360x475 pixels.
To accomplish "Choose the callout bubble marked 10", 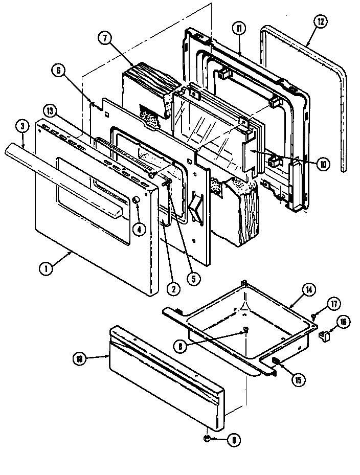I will (x=323, y=164).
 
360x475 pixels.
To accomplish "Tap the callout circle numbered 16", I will (x=342, y=322).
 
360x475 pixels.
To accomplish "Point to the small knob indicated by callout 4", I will (x=136, y=200).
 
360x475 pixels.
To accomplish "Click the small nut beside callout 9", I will (x=207, y=439).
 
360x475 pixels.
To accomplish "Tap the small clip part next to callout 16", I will (x=324, y=335).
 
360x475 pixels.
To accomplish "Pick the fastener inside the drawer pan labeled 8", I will (x=245, y=330).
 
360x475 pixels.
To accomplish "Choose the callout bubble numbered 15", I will (x=297, y=379).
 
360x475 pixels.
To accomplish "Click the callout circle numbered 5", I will (x=193, y=279).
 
